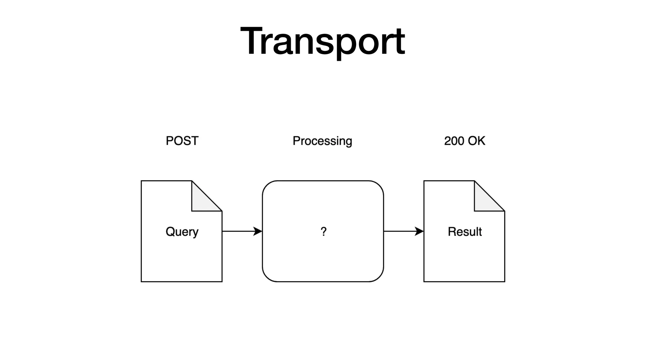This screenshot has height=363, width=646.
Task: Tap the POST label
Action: click(182, 141)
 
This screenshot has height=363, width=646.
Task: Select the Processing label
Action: click(322, 141)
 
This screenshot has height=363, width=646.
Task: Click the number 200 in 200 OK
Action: click(454, 141)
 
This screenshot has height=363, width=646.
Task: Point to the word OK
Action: click(477, 141)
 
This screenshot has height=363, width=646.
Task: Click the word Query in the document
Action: click(182, 232)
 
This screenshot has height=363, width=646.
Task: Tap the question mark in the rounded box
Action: click(323, 232)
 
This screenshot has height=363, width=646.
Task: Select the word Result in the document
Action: click(465, 232)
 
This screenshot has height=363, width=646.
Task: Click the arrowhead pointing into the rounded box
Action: click(258, 231)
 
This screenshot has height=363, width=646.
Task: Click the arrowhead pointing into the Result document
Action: click(420, 231)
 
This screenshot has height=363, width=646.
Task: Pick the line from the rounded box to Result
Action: click(399, 231)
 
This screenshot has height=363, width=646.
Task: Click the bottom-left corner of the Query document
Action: click(142, 281)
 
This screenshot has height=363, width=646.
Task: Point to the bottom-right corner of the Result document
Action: click(504, 281)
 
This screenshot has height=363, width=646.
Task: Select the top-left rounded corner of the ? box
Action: click(267, 185)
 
